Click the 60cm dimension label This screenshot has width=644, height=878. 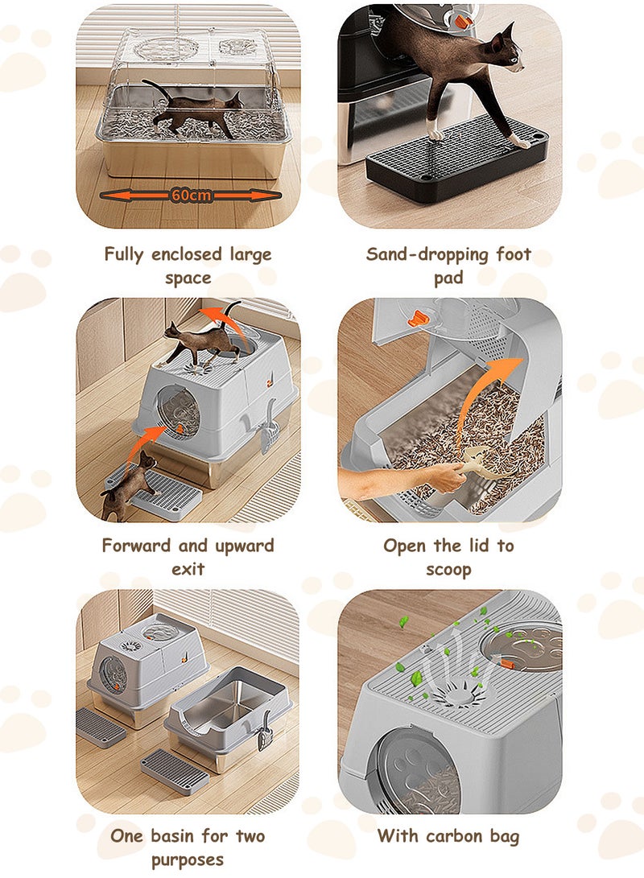192,195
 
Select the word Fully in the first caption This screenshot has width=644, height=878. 124,254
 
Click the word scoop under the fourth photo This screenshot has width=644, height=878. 448,570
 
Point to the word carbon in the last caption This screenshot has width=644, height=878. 453,836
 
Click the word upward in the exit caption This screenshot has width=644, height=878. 244,546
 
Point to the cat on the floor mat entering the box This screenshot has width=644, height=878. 129,484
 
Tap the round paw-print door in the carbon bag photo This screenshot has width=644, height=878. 417,771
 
